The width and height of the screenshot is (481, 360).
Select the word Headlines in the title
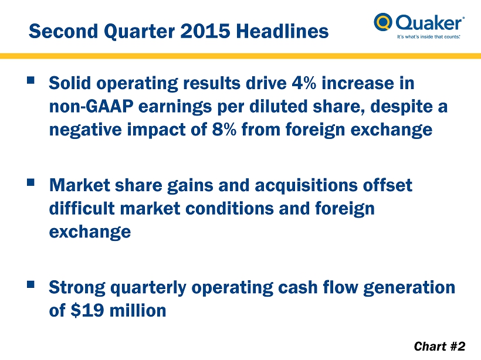click(282, 31)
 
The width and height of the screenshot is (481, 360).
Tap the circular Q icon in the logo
click(383, 22)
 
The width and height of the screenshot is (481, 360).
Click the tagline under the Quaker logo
click(429, 37)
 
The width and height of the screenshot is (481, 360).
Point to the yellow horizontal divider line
click(240, 56)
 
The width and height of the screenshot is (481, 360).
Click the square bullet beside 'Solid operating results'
click(31, 80)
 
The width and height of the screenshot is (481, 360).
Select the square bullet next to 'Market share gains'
click(31, 182)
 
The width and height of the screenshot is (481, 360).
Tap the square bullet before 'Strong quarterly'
click(31, 284)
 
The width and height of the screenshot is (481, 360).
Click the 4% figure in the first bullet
click(304, 83)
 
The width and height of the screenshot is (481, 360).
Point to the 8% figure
click(224, 129)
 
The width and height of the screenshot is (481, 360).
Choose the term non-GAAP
click(91, 106)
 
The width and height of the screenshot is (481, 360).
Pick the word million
click(138, 310)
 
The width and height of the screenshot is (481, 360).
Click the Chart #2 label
click(439, 346)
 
